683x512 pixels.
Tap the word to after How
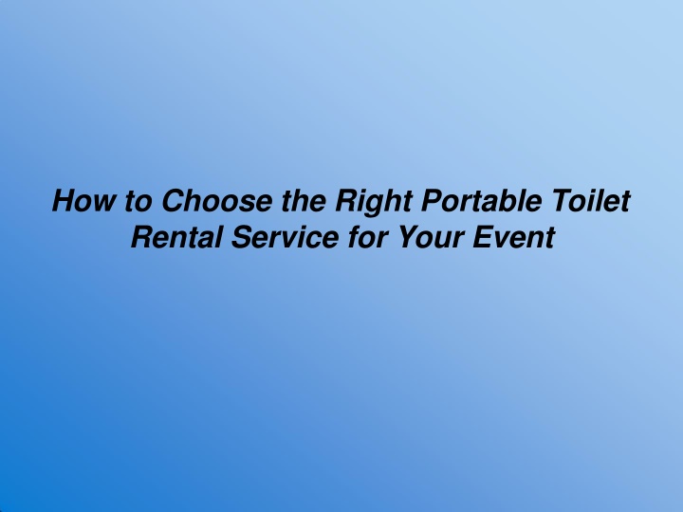pyautogui.click(x=138, y=201)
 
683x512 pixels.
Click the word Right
pyautogui.click(x=374, y=203)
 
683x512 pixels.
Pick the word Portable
pyautogui.click(x=481, y=200)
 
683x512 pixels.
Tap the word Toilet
pyautogui.click(x=591, y=200)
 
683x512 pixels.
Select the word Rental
pyautogui.click(x=176, y=237)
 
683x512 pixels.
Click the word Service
pyautogui.click(x=285, y=237)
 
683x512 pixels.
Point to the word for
pyautogui.click(x=368, y=237)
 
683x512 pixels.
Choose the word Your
pyautogui.click(x=432, y=237)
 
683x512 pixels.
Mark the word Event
pyautogui.click(x=513, y=237)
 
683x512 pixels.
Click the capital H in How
pyautogui.click(x=66, y=200)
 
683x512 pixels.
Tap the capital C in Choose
pyautogui.click(x=175, y=200)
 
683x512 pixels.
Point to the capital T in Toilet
pyautogui.click(x=564, y=200)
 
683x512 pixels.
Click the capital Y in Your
pyautogui.click(x=411, y=237)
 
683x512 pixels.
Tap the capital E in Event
pyautogui.click(x=487, y=237)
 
